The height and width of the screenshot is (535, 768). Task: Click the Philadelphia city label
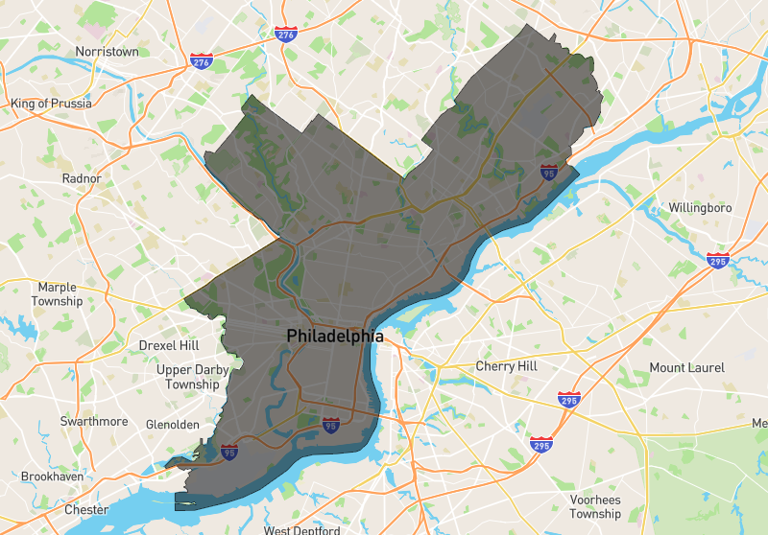(335, 337)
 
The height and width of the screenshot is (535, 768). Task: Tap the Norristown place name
(107, 52)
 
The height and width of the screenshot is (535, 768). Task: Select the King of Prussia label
(50, 103)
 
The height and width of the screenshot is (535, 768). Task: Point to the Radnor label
(81, 178)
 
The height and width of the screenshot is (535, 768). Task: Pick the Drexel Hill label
(168, 345)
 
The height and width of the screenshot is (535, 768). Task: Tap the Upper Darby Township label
(188, 377)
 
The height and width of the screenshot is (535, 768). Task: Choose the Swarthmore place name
(94, 422)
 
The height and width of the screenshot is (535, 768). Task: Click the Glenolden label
(173, 425)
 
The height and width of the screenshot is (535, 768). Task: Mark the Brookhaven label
(52, 477)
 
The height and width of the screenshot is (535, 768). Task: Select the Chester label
(86, 510)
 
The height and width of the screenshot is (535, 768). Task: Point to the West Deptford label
(301, 529)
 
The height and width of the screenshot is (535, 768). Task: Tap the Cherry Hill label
(507, 366)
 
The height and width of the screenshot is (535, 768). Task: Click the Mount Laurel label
(686, 368)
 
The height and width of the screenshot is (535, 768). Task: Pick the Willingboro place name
(700, 208)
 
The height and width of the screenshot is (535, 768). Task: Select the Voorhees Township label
(595, 506)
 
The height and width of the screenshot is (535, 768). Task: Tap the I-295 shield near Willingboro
(718, 260)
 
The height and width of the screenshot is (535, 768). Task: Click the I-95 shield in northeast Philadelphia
(548, 173)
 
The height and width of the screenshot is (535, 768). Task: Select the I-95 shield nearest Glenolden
(229, 452)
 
